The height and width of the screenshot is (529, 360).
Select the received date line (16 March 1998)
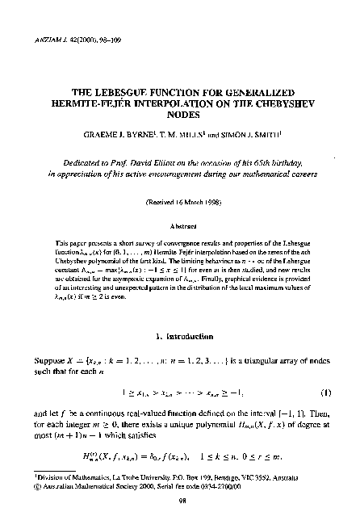point(181,199)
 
